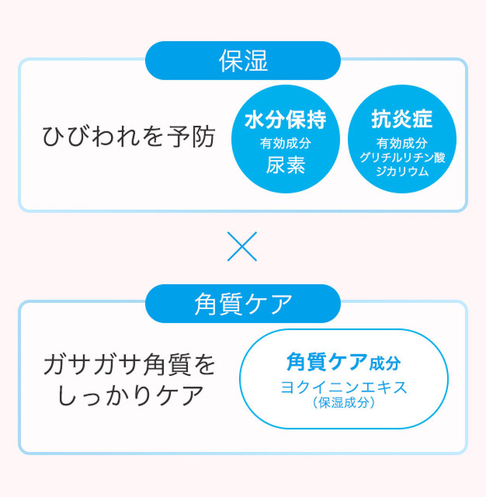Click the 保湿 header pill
(x=243, y=60)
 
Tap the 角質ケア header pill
(x=243, y=304)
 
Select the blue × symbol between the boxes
(x=242, y=246)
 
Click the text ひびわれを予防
(x=129, y=137)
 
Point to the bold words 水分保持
(x=285, y=120)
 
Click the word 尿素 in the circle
(x=285, y=165)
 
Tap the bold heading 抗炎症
(x=402, y=119)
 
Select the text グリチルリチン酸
(x=402, y=157)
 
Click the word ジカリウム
(x=402, y=171)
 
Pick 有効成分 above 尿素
(x=285, y=143)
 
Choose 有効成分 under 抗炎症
(x=402, y=143)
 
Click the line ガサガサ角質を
(x=130, y=365)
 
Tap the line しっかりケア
(x=130, y=395)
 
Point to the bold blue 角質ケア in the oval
(x=327, y=362)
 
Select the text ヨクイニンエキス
(x=344, y=387)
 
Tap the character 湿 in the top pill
(x=256, y=60)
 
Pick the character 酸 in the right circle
(x=440, y=157)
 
